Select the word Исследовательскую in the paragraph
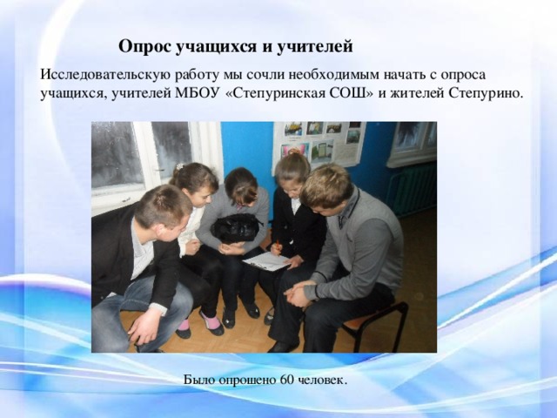(102, 75)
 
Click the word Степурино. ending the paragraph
(487, 94)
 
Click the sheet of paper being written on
(266, 261)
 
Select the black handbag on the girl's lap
(236, 227)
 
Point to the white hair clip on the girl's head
(180, 165)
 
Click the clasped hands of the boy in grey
(298, 292)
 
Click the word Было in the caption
(199, 380)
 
